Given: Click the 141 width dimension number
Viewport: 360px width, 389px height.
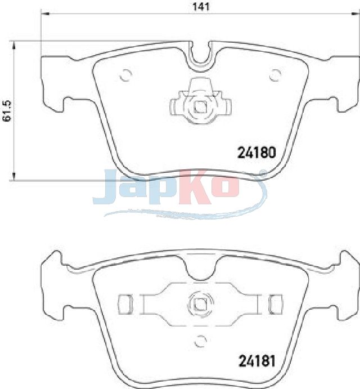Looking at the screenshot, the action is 201,7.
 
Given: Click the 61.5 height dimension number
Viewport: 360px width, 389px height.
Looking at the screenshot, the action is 7,111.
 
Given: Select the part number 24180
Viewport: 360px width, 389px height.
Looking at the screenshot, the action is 256,153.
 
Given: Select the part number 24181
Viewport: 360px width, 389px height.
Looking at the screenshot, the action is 257,361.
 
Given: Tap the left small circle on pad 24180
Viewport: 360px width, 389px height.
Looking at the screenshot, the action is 125,75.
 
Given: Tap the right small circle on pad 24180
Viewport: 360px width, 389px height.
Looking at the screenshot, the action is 275,75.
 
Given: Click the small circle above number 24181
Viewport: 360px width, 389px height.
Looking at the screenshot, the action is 200,341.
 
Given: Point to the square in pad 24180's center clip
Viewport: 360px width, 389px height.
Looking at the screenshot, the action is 201,108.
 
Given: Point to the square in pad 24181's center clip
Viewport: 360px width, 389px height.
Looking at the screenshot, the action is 200,303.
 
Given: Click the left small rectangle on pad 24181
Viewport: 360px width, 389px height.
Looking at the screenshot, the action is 124,305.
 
